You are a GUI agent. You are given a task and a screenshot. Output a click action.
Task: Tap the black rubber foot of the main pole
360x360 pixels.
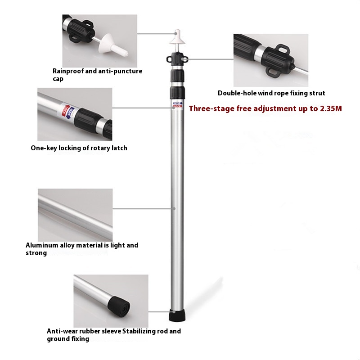pos(177,315)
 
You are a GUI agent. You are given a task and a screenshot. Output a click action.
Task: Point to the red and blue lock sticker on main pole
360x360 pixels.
pos(178,104)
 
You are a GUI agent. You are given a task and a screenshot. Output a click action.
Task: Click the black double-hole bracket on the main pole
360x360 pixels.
pos(177,59)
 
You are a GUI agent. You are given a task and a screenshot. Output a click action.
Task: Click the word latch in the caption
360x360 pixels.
pos(119,148)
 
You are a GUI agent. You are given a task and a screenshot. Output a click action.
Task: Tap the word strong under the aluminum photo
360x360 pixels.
pos(36,253)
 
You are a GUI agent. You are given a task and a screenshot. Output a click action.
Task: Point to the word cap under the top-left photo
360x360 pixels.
pos(58,79)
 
